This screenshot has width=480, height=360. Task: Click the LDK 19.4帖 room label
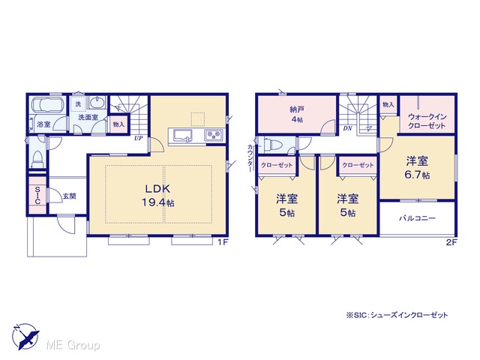[157, 196]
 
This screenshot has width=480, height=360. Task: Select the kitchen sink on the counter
[183, 135]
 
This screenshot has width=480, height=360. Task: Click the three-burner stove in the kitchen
[214, 135]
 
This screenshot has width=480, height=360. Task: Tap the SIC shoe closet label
[37, 195]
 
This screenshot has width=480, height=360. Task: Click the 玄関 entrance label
[70, 196]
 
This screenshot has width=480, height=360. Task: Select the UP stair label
[138, 138]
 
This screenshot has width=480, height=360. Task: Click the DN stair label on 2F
[348, 128]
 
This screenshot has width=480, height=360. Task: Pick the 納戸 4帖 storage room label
[297, 114]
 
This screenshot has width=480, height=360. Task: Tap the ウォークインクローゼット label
[427, 121]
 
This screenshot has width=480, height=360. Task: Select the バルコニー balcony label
[417, 218]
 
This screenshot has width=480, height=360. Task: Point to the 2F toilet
[270, 144]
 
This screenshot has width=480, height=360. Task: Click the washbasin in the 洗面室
[97, 102]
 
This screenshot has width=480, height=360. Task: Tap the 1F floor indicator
[223, 242]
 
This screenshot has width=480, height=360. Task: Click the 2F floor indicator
[451, 242]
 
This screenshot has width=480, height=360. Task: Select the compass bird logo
[25, 336]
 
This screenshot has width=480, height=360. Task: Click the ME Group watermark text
[73, 346]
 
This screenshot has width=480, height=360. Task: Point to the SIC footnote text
[397, 315]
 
